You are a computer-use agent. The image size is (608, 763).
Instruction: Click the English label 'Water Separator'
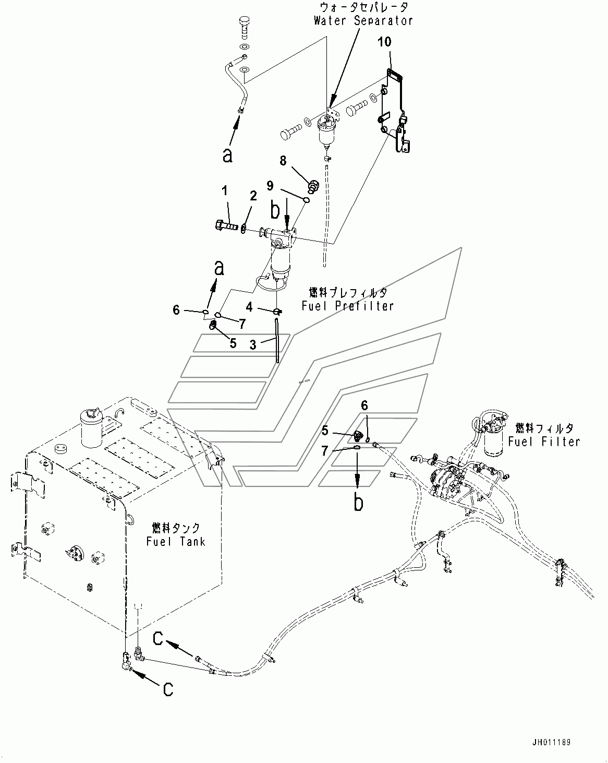363,21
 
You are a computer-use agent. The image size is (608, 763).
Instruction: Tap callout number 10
384,42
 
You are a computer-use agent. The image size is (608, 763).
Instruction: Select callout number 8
283,161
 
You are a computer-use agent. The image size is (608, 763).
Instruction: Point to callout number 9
270,185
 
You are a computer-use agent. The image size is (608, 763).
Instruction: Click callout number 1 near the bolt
225,191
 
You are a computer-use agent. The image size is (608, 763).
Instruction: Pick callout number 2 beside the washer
253,196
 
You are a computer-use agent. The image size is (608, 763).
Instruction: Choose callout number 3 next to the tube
252,344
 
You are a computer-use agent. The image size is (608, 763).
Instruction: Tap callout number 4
249,307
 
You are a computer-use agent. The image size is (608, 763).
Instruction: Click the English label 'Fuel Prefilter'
348,306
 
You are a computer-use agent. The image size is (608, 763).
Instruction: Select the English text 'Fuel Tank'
176,541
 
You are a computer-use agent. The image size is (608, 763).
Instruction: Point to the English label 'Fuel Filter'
544,442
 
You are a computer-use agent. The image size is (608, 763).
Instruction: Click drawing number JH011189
551,742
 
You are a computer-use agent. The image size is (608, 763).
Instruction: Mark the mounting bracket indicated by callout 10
394,110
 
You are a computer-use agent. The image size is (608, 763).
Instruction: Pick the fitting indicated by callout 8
313,186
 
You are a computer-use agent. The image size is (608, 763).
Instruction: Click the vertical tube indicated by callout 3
277,341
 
